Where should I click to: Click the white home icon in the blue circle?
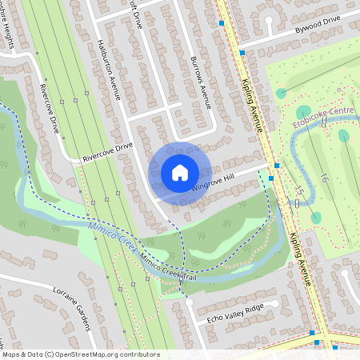click(180, 171)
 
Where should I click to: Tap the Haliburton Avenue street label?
click(108, 69)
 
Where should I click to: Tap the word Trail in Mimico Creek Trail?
click(189, 277)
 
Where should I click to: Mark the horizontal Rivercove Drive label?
click(107, 152)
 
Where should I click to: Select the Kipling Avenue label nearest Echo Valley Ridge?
click(301, 259)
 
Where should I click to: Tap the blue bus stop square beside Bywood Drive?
click(242, 53)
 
